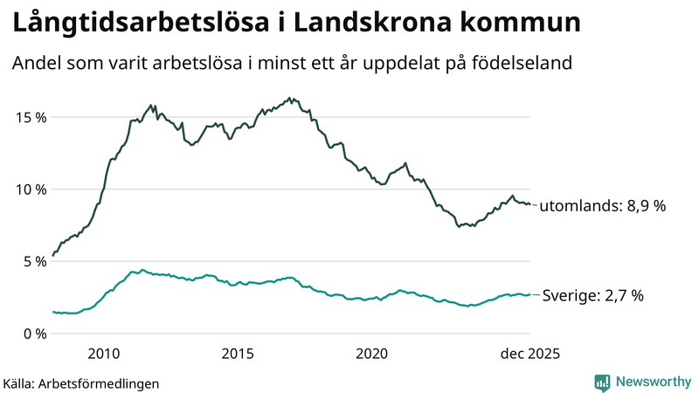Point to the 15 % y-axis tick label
(29, 117)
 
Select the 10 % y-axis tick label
(29, 190)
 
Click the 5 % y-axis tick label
(32, 261)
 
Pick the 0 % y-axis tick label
(32, 334)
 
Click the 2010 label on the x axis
(103, 354)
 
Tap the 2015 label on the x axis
(238, 354)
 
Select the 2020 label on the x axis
(372, 354)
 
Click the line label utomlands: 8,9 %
(603, 207)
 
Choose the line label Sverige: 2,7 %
(593, 296)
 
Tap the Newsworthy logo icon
(603, 382)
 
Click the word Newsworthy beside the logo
(652, 382)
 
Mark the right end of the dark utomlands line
(530, 205)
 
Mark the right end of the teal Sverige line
(530, 294)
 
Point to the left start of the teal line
(52, 312)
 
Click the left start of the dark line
(52, 256)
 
